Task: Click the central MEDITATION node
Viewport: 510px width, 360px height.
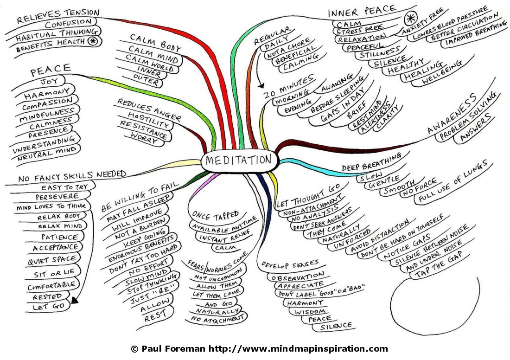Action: click(238, 160)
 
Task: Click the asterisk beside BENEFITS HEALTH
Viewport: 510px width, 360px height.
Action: click(93, 41)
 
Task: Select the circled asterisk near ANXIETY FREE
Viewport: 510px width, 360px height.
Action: click(410, 19)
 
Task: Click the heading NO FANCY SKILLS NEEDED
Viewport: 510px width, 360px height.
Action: click(72, 177)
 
